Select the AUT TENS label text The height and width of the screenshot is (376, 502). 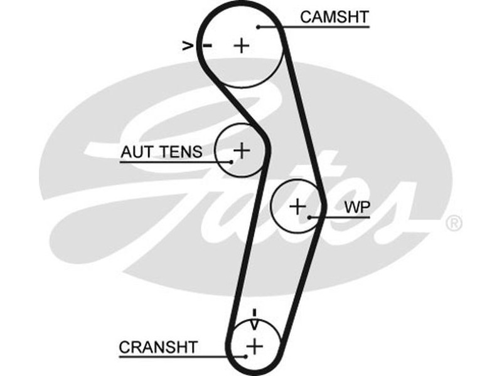161,151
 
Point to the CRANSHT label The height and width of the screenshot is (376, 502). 158,347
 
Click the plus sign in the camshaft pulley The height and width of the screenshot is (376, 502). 242,45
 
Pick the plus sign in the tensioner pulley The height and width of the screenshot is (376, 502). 242,150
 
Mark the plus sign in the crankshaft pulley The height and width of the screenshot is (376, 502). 254,345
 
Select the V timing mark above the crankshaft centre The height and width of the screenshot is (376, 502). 254,324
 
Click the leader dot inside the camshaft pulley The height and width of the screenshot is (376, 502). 259,27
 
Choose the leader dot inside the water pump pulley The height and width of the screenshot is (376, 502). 311,217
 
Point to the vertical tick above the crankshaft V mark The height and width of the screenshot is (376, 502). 254,311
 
